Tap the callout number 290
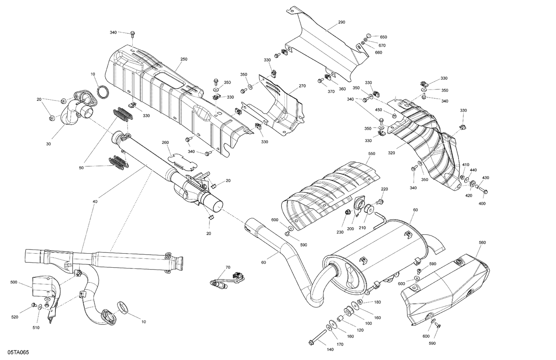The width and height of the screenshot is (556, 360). [x=341, y=22]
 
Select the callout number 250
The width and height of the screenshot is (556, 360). [x=184, y=59]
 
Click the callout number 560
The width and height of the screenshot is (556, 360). [x=482, y=242]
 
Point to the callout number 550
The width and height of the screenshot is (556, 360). [x=372, y=153]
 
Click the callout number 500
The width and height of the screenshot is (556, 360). [x=14, y=283]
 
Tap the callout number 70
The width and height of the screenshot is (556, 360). [x=228, y=267]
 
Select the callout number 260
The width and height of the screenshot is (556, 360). [x=165, y=142]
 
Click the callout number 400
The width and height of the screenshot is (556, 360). [x=482, y=204]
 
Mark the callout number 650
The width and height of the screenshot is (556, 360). [x=383, y=37]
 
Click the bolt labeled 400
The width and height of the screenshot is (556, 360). [x=483, y=191]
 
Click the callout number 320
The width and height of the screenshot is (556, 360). [x=391, y=152]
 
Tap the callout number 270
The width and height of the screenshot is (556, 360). [x=302, y=86]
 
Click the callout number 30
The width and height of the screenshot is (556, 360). [x=49, y=143]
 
